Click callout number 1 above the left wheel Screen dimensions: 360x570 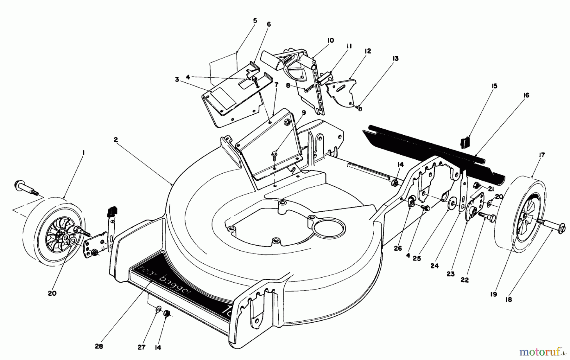pos(83,153)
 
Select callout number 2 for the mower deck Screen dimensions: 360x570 pos(116,139)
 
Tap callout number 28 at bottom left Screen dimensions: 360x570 pos(99,346)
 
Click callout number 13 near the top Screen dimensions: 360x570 pos(395,59)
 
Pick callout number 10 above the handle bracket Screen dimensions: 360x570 pos(330,41)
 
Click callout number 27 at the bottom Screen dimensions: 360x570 pos(141,347)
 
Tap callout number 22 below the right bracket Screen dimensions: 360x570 pos(465,280)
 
